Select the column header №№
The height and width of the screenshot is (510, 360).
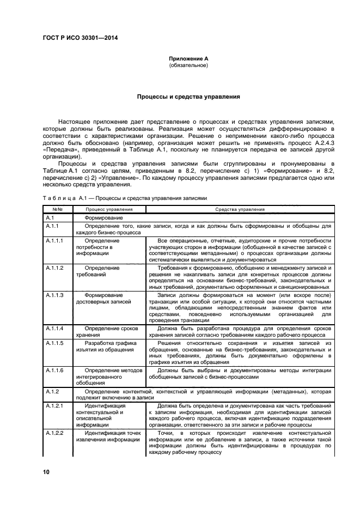point(57,209)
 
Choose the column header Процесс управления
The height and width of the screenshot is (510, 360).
point(108,209)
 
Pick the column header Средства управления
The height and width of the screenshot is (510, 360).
point(240,209)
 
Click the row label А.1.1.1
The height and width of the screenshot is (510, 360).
point(55,240)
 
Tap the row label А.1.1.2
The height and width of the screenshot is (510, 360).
point(55,268)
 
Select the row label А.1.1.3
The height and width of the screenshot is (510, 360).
point(55,295)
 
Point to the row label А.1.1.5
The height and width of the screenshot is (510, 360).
point(55,343)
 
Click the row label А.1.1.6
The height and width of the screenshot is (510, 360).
point(55,370)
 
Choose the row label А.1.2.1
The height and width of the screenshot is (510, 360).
point(55,406)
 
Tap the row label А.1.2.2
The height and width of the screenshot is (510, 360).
point(55,433)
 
